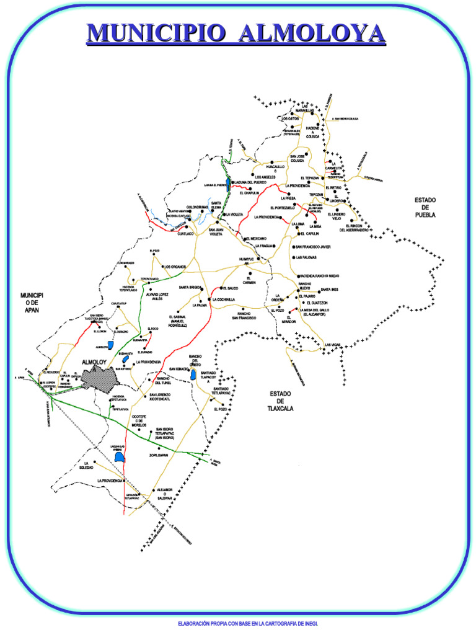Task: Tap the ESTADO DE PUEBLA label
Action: tap(425, 208)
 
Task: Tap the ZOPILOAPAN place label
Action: tap(159, 455)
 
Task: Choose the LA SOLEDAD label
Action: tap(86, 465)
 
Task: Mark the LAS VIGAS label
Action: tap(333, 345)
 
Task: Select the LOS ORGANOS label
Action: tap(175, 267)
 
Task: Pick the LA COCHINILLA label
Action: tap(224, 300)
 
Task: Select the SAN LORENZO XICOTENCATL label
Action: tap(160, 397)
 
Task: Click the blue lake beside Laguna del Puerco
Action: tap(228, 184)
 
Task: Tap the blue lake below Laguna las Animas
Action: tap(121, 458)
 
